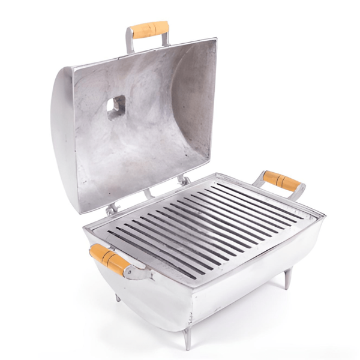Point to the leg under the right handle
[x=288, y=278]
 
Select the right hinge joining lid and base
[x=183, y=179]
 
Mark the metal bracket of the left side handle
[x=136, y=273]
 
